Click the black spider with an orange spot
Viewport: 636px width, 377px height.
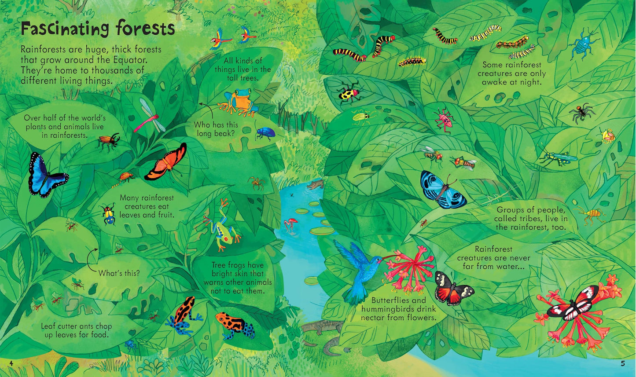click(x=582, y=113)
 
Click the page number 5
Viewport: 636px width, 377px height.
click(x=622, y=363)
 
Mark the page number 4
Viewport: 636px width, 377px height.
click(x=12, y=363)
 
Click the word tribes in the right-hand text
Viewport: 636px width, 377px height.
click(x=532, y=219)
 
